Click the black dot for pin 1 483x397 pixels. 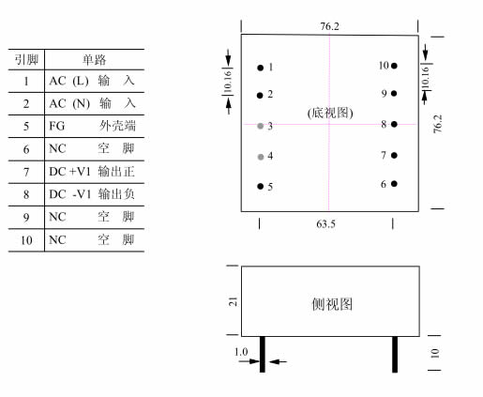pos(260,68)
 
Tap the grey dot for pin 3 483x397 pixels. pos(260,126)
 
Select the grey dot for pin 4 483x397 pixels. pos(261,157)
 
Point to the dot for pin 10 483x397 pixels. pos(394,66)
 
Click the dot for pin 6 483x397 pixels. pos(394,184)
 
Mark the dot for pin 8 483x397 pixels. pos(394,124)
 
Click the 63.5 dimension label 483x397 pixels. pos(325,224)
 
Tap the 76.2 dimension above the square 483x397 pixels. pos(329,26)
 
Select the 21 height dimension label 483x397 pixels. pos(234,301)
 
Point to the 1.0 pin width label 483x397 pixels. pos(241,352)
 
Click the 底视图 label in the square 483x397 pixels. pos(330,113)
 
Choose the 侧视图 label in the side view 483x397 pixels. pos(332,304)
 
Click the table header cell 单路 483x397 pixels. pos(95,59)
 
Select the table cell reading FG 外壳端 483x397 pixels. pos(93,126)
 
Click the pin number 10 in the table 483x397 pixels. pos(26,240)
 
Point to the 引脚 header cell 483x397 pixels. pos(26,59)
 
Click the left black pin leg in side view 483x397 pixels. pos(263,354)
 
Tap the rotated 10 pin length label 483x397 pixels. pos(435,353)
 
